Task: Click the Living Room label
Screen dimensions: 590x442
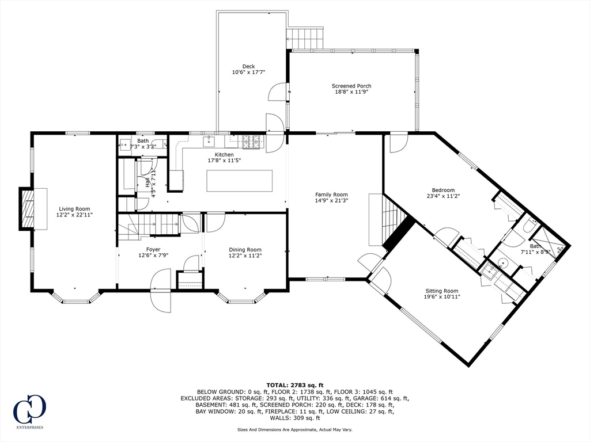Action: [x=74, y=209]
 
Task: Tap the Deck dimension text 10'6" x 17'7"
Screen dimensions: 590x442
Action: [x=248, y=72]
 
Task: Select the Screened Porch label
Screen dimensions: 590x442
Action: [x=351, y=86]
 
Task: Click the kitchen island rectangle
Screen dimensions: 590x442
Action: [x=239, y=181]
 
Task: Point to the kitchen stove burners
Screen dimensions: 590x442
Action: [x=251, y=142]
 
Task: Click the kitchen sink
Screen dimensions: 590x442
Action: [x=209, y=142]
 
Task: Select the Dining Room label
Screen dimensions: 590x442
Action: [x=245, y=250]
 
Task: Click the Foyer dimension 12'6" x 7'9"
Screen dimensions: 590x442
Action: [x=153, y=255]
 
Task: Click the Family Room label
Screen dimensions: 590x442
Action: [x=331, y=195]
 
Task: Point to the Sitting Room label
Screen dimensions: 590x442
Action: [x=442, y=291]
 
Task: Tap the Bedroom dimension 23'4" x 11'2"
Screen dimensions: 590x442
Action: [x=443, y=196]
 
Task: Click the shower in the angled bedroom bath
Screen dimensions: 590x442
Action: [x=549, y=243]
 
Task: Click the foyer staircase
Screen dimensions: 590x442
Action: [x=148, y=226]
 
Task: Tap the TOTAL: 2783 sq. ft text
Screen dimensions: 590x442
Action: [x=295, y=385]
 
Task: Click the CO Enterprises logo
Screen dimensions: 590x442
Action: [x=29, y=411]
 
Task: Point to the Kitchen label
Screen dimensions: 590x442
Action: [x=224, y=154]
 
